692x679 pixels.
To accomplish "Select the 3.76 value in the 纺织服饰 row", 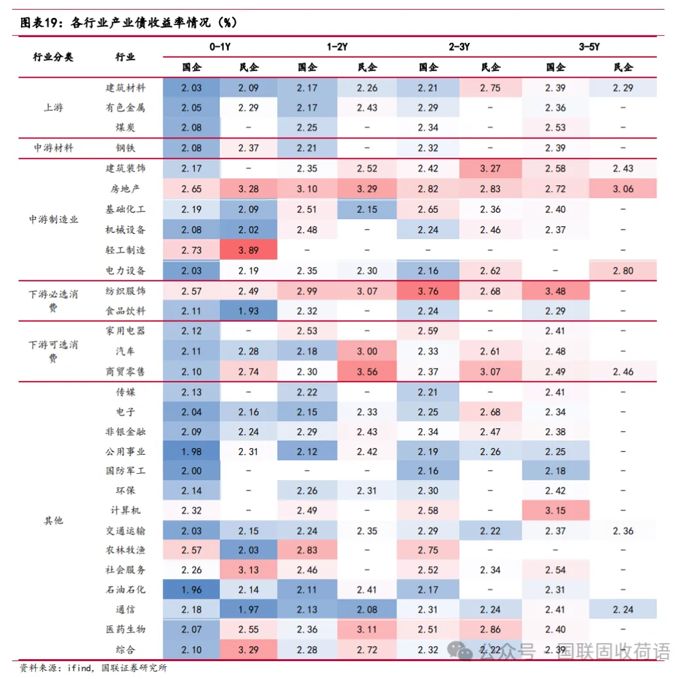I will point(428,291).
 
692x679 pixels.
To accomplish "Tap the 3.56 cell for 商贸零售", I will point(367,372).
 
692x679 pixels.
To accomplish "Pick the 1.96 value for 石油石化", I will point(191,589).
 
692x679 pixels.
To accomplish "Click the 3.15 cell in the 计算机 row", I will point(556,510).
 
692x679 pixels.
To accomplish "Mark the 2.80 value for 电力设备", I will point(623,271).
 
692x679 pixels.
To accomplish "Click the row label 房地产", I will point(126,189).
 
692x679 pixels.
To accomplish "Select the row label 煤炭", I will point(126,128).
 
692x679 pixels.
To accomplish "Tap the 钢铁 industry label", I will point(126,148).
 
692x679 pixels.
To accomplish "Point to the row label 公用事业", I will point(126,451).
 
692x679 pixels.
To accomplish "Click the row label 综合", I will point(126,650).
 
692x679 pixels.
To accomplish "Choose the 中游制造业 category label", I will point(54,219).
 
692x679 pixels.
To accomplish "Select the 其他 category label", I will point(54,520).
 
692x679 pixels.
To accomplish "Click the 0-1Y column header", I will point(220,47).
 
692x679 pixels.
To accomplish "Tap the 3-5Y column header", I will point(589,47).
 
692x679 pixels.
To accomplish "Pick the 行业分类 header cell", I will point(54,56).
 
